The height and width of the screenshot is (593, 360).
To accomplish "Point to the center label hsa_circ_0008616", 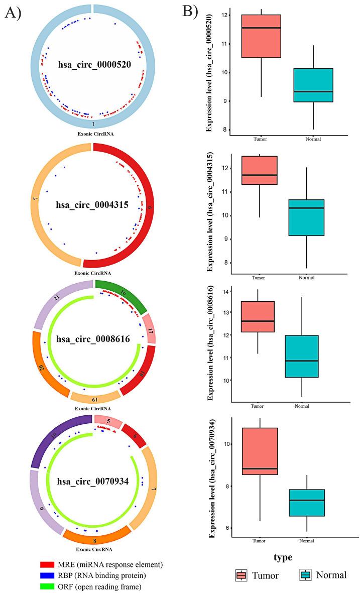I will [x=94, y=339].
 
